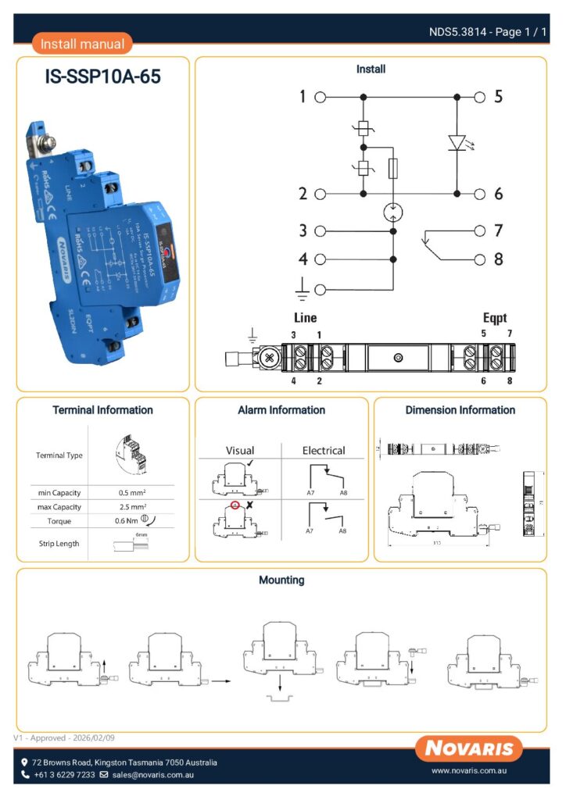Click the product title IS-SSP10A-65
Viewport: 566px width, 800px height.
pos(103,79)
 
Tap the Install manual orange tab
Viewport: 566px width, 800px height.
pos(82,45)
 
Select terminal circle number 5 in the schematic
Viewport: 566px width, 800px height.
pos(480,97)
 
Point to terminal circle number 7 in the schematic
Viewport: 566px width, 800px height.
pos(480,230)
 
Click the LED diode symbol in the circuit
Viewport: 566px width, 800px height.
pos(457,143)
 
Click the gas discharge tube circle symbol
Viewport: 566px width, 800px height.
pos(392,211)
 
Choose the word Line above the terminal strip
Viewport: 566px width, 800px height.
pos(305,318)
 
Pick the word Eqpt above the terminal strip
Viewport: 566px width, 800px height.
pos(495,318)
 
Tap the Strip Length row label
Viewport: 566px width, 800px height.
pos(59,543)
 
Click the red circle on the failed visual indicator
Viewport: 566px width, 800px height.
pos(234,505)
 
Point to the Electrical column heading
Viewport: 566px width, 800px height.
pos(324,451)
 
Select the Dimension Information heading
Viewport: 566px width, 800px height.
pos(460,409)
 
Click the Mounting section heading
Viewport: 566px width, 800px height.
pos(281,580)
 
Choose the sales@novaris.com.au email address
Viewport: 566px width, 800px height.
pos(152,775)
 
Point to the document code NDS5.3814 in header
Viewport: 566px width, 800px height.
pos(459,32)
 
